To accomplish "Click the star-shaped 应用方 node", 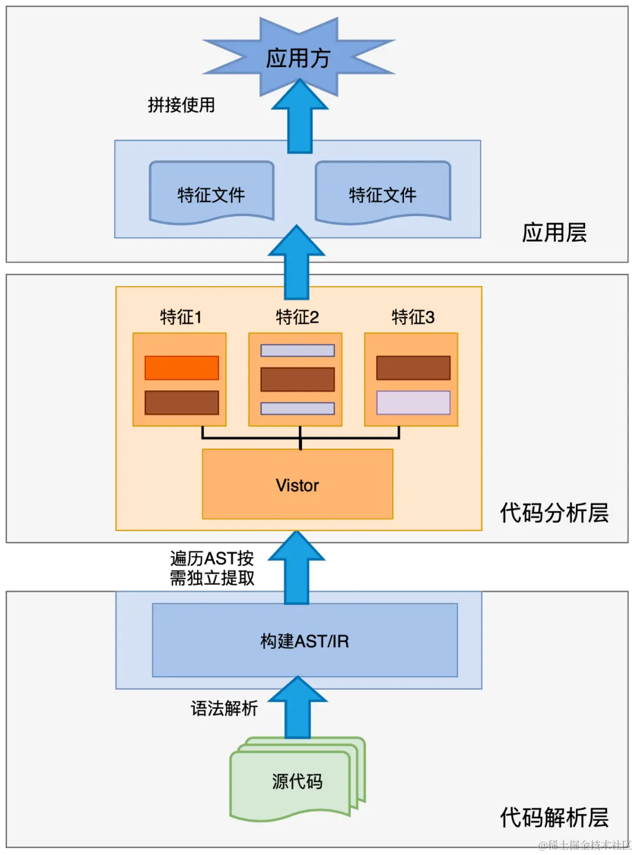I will tap(298, 58).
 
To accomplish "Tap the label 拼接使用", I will tap(181, 105).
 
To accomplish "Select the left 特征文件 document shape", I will tap(211, 193).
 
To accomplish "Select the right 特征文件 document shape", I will tap(383, 193).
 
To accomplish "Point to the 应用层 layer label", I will tap(554, 233).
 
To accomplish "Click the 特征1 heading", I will tap(181, 317).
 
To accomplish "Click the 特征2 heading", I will tap(297, 317).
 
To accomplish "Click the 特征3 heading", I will tap(413, 317).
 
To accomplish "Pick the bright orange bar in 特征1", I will tap(181, 368).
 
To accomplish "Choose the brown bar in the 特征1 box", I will tap(181, 403).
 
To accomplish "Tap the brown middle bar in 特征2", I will tap(297, 379).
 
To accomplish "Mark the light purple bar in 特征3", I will tap(413, 403).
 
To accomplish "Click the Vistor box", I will tap(297, 485).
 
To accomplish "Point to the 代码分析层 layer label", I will tap(554, 513).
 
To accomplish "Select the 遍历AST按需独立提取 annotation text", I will tap(212, 568).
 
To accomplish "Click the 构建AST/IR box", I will tap(304, 641).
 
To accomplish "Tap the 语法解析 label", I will tap(224, 708).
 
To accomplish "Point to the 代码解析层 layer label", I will tap(554, 817).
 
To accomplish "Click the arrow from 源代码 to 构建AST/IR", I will tap(297, 710).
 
